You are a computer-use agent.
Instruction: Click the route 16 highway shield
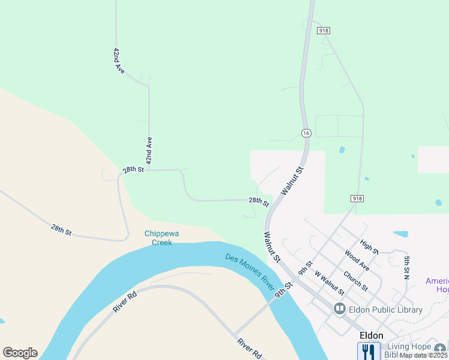point(306,133)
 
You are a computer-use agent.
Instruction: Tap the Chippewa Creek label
point(158,238)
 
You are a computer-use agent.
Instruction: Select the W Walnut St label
point(330,283)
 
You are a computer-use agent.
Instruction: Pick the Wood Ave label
point(357,260)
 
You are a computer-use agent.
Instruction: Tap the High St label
point(370,247)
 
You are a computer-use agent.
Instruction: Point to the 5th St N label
point(406,268)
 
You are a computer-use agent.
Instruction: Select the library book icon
point(340,310)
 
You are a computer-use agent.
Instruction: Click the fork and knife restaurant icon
point(369,351)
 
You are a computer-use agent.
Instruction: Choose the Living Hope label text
point(409,347)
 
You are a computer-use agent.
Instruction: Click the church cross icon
point(441,349)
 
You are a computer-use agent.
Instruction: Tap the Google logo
point(20,353)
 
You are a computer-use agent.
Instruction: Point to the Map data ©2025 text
point(424,355)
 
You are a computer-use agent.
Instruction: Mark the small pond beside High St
point(400,234)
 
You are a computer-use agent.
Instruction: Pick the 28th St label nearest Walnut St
point(259,202)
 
